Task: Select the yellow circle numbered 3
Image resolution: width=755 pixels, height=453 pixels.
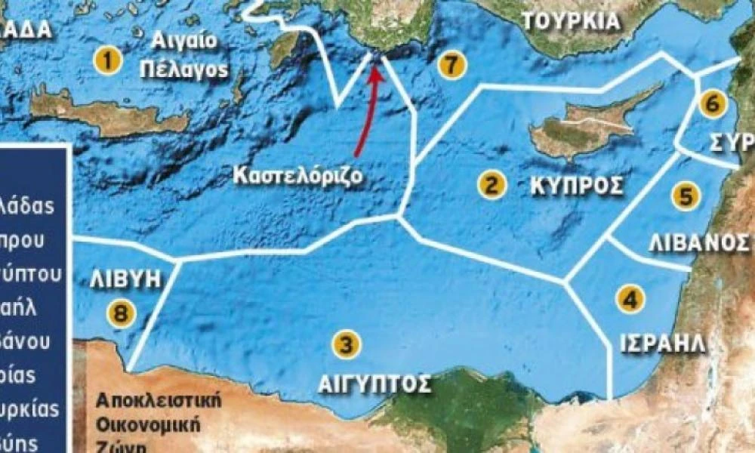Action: tap(346, 345)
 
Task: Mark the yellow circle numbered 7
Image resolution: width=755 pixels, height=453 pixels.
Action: tap(451, 65)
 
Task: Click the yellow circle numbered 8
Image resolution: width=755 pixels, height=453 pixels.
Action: tap(120, 311)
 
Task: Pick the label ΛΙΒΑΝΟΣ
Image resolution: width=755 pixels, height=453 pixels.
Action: tap(698, 242)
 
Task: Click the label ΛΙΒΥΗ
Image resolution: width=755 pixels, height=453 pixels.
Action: tap(125, 279)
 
